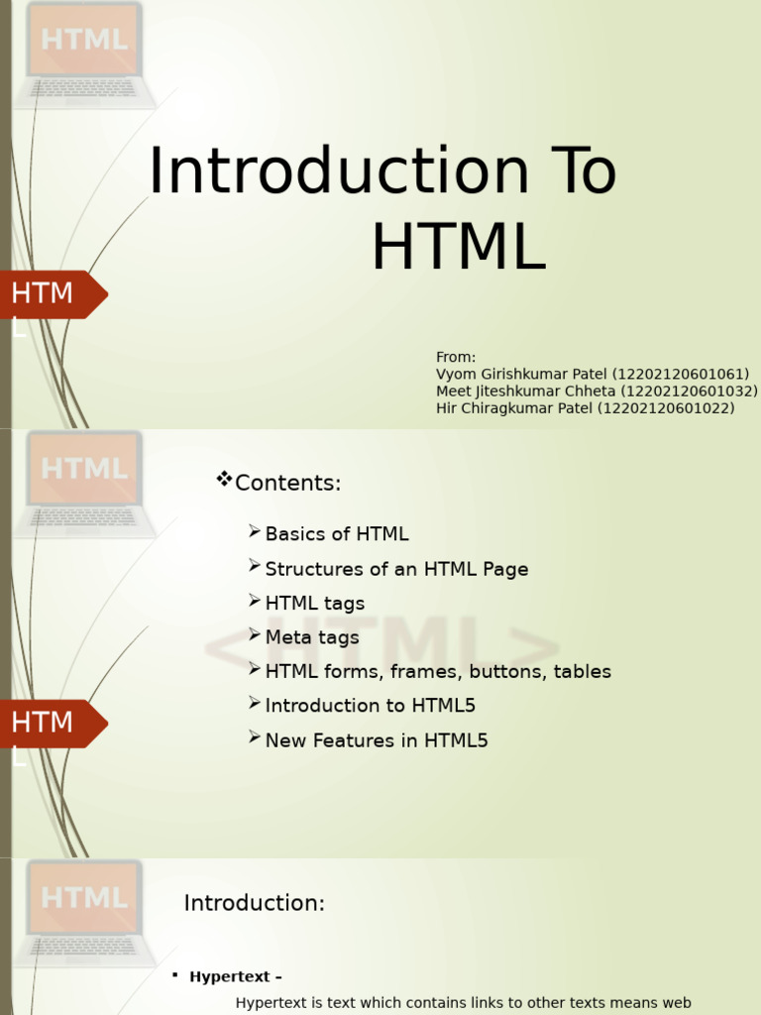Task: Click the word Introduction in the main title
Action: (x=339, y=170)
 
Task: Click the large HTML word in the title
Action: (x=459, y=247)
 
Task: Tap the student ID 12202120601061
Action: (x=680, y=374)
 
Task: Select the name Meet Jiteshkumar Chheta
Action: (x=525, y=391)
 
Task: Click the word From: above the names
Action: (x=456, y=357)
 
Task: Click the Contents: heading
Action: (x=288, y=483)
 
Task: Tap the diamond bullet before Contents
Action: (x=224, y=479)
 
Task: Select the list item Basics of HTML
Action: (x=337, y=534)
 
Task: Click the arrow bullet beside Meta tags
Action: (x=255, y=635)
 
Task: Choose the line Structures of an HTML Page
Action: (x=396, y=569)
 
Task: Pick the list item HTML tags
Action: (x=315, y=604)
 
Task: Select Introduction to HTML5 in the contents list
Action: (x=371, y=706)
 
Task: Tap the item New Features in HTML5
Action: (x=377, y=739)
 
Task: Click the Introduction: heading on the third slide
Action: (x=255, y=903)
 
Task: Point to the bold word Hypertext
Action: (x=230, y=976)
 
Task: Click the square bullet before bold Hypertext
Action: (x=175, y=974)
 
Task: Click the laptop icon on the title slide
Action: (x=85, y=56)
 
